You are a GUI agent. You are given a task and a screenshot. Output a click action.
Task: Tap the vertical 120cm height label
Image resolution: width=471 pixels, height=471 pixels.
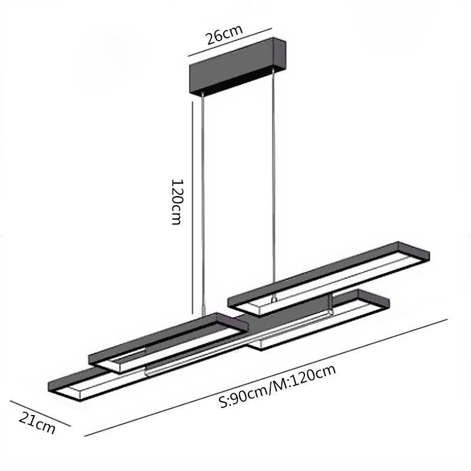point(177,202)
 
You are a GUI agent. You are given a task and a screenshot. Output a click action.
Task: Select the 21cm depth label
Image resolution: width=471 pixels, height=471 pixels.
point(37,422)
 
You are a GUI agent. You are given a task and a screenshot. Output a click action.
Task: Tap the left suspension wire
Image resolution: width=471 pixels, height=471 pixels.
point(203,204)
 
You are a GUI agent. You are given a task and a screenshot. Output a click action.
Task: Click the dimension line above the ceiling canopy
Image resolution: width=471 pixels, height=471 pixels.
point(230,42)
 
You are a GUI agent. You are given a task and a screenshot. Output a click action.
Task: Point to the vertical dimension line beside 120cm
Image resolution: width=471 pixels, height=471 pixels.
point(192,207)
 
